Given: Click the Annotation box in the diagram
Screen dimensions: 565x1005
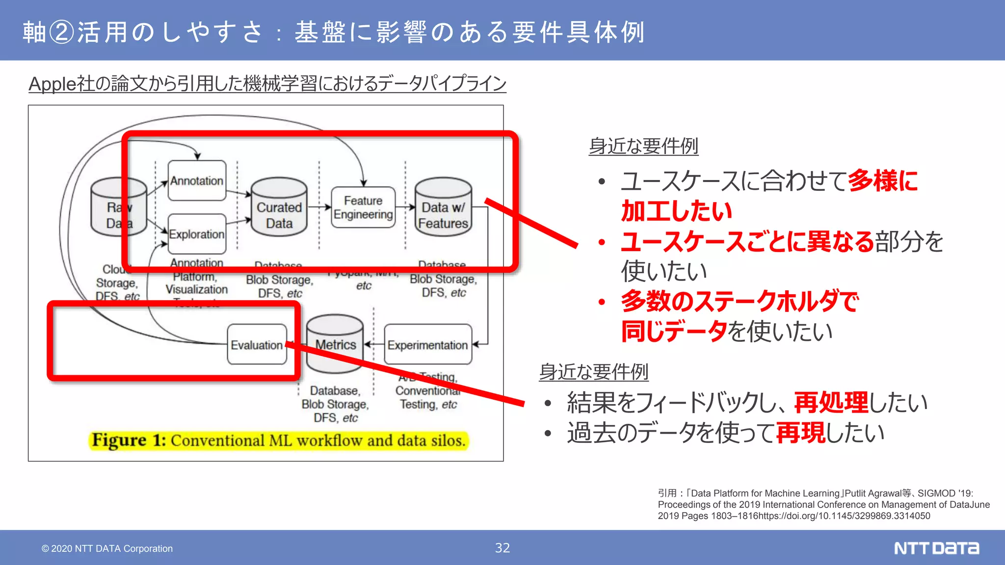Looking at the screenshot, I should pos(197,180).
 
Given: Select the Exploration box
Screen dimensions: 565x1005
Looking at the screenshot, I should pos(197,234).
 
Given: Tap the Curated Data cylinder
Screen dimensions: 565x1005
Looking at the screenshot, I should pos(279,208).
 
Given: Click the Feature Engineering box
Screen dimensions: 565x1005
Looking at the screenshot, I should pos(363,207).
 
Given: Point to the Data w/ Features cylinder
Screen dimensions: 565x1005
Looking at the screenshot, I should pos(443,208).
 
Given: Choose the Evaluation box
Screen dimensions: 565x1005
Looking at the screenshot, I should pos(257,345).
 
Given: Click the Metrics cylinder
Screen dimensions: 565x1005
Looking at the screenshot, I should pos(335,345).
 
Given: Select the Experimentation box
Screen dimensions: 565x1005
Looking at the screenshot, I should pos(427,345).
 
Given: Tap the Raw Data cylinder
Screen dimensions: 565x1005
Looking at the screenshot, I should pos(118,208).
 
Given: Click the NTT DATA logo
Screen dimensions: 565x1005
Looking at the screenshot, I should pos(936,548).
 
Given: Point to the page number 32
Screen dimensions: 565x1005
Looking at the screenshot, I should pos(502,548).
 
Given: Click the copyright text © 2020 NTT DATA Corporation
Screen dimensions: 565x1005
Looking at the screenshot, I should pos(107,548).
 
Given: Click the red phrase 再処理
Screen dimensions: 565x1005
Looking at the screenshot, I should pos(831,403).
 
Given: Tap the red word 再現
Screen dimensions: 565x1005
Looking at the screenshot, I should pos(800,433).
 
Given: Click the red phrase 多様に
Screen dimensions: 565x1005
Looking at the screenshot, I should pos(882,181).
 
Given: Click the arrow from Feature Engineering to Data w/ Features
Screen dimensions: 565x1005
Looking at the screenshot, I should pos(405,207).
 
